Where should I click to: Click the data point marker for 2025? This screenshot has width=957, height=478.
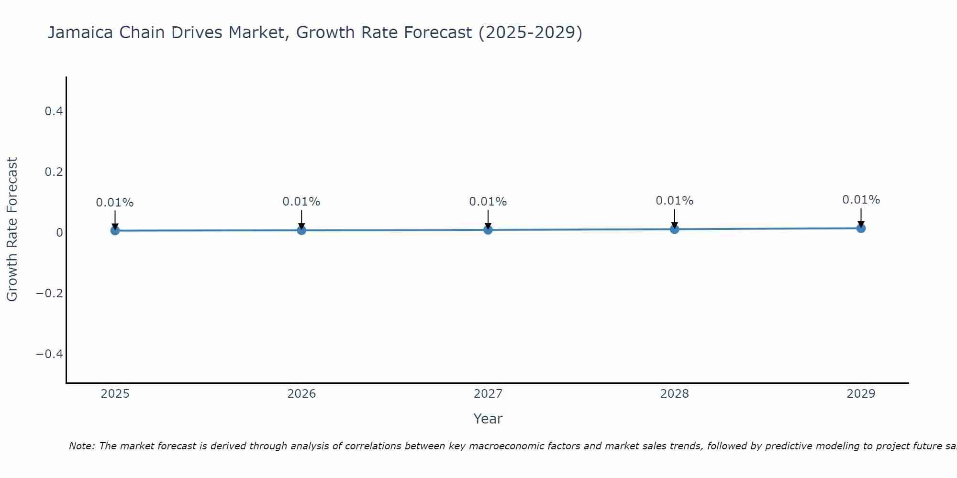point(115,230)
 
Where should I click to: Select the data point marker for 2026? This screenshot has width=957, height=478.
point(301,230)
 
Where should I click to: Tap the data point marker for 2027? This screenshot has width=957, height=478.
point(488,230)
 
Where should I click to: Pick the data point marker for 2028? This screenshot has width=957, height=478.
point(674,229)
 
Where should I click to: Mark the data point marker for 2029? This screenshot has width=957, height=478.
point(861,228)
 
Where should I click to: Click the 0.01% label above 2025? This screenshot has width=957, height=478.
point(115,203)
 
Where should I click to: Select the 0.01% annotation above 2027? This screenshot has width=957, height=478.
point(488,202)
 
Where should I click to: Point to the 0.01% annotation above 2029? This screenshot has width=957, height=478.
point(861,200)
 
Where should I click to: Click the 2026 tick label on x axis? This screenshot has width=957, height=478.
point(301,394)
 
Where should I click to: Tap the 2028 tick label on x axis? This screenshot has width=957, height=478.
point(674,394)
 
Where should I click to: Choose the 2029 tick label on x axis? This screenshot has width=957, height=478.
point(861,394)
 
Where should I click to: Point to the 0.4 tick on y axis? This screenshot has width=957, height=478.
point(54,111)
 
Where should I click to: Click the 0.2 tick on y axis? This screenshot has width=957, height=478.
point(54,172)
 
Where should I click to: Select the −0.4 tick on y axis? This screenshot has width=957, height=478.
point(50,354)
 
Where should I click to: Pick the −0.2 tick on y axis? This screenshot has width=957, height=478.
point(50,293)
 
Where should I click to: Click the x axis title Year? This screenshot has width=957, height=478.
point(488,419)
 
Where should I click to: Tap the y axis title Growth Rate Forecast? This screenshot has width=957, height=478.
point(12,229)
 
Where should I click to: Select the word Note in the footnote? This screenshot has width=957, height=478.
point(81,446)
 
